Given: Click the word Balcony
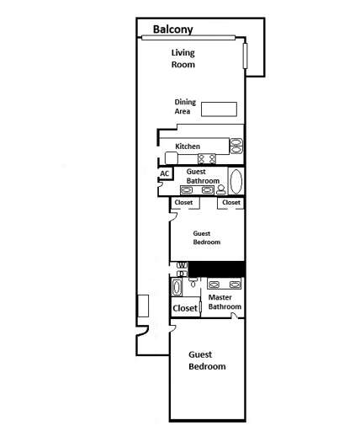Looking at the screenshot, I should point(172,29).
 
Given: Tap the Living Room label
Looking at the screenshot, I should point(183,58).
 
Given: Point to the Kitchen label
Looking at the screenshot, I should point(187,146).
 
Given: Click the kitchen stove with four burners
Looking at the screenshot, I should point(207,157).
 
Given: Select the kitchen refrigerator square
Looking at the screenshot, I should point(172,158).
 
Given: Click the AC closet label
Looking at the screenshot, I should point(165,173).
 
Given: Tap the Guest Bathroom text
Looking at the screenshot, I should point(203,176).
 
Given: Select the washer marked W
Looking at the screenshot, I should point(180,265).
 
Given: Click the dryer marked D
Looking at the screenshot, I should point(180,273).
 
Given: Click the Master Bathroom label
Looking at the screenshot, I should point(225,301).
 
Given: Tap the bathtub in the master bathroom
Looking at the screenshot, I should point(176,288).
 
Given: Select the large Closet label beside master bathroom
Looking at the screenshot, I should point(185,308).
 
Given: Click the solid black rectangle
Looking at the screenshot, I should point(215,269).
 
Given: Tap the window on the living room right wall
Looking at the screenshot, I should point(246,56).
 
